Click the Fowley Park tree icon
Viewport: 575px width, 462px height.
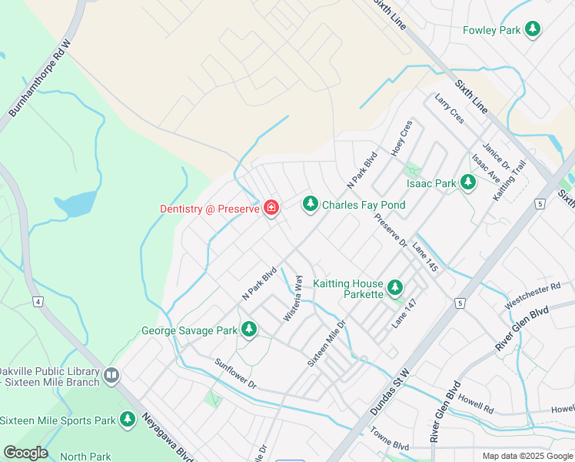532,30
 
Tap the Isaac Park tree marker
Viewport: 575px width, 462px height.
467,183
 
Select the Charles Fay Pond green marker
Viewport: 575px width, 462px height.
310,204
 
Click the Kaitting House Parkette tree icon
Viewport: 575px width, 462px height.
395,287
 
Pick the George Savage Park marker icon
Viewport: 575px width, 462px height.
248,330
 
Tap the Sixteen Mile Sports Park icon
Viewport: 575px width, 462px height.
128,420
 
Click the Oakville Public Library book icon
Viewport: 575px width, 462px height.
112,376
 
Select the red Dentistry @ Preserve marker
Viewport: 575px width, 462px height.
271,208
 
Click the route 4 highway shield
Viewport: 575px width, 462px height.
38,301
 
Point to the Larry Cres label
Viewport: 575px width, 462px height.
449,109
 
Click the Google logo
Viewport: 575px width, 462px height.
25,453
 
